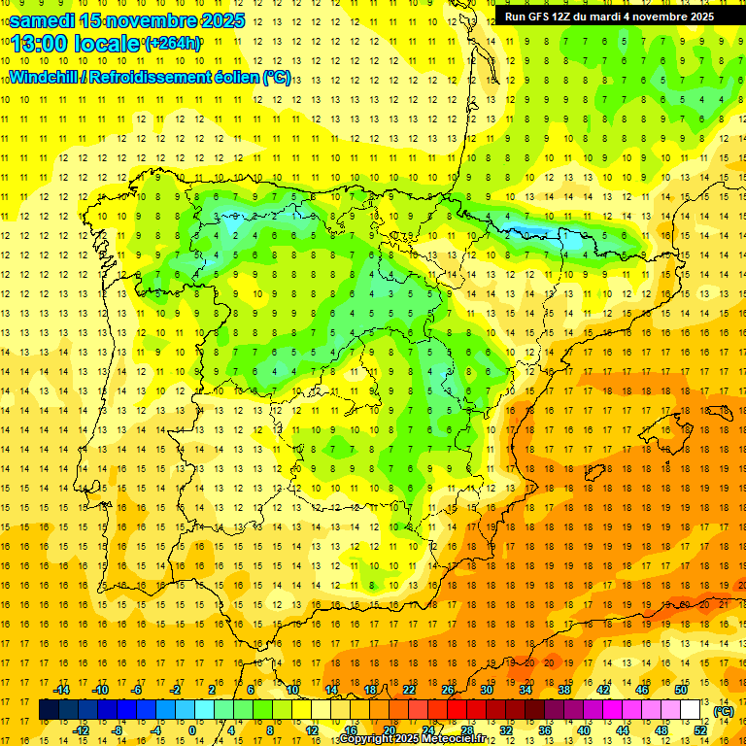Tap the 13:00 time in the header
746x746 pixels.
41,44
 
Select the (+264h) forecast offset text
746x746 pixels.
173,43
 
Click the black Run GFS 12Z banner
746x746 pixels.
609,17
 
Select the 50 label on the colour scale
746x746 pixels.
681,690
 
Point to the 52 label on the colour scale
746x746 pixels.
700,730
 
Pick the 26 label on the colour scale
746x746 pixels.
448,690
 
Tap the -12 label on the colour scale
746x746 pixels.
81,730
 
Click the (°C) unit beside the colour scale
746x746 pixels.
724,711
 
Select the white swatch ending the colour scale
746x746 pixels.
691,710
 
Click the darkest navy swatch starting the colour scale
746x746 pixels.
49,710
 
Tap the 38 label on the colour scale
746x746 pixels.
564,690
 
